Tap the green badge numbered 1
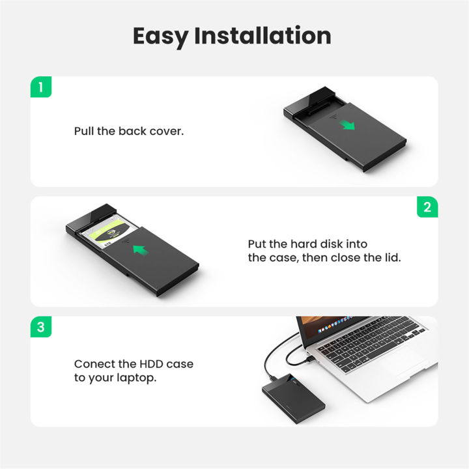(x=41, y=87)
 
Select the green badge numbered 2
(x=427, y=207)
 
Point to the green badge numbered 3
(x=41, y=327)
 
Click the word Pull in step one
(x=84, y=131)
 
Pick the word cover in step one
(x=168, y=131)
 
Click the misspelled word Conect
(x=94, y=363)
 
